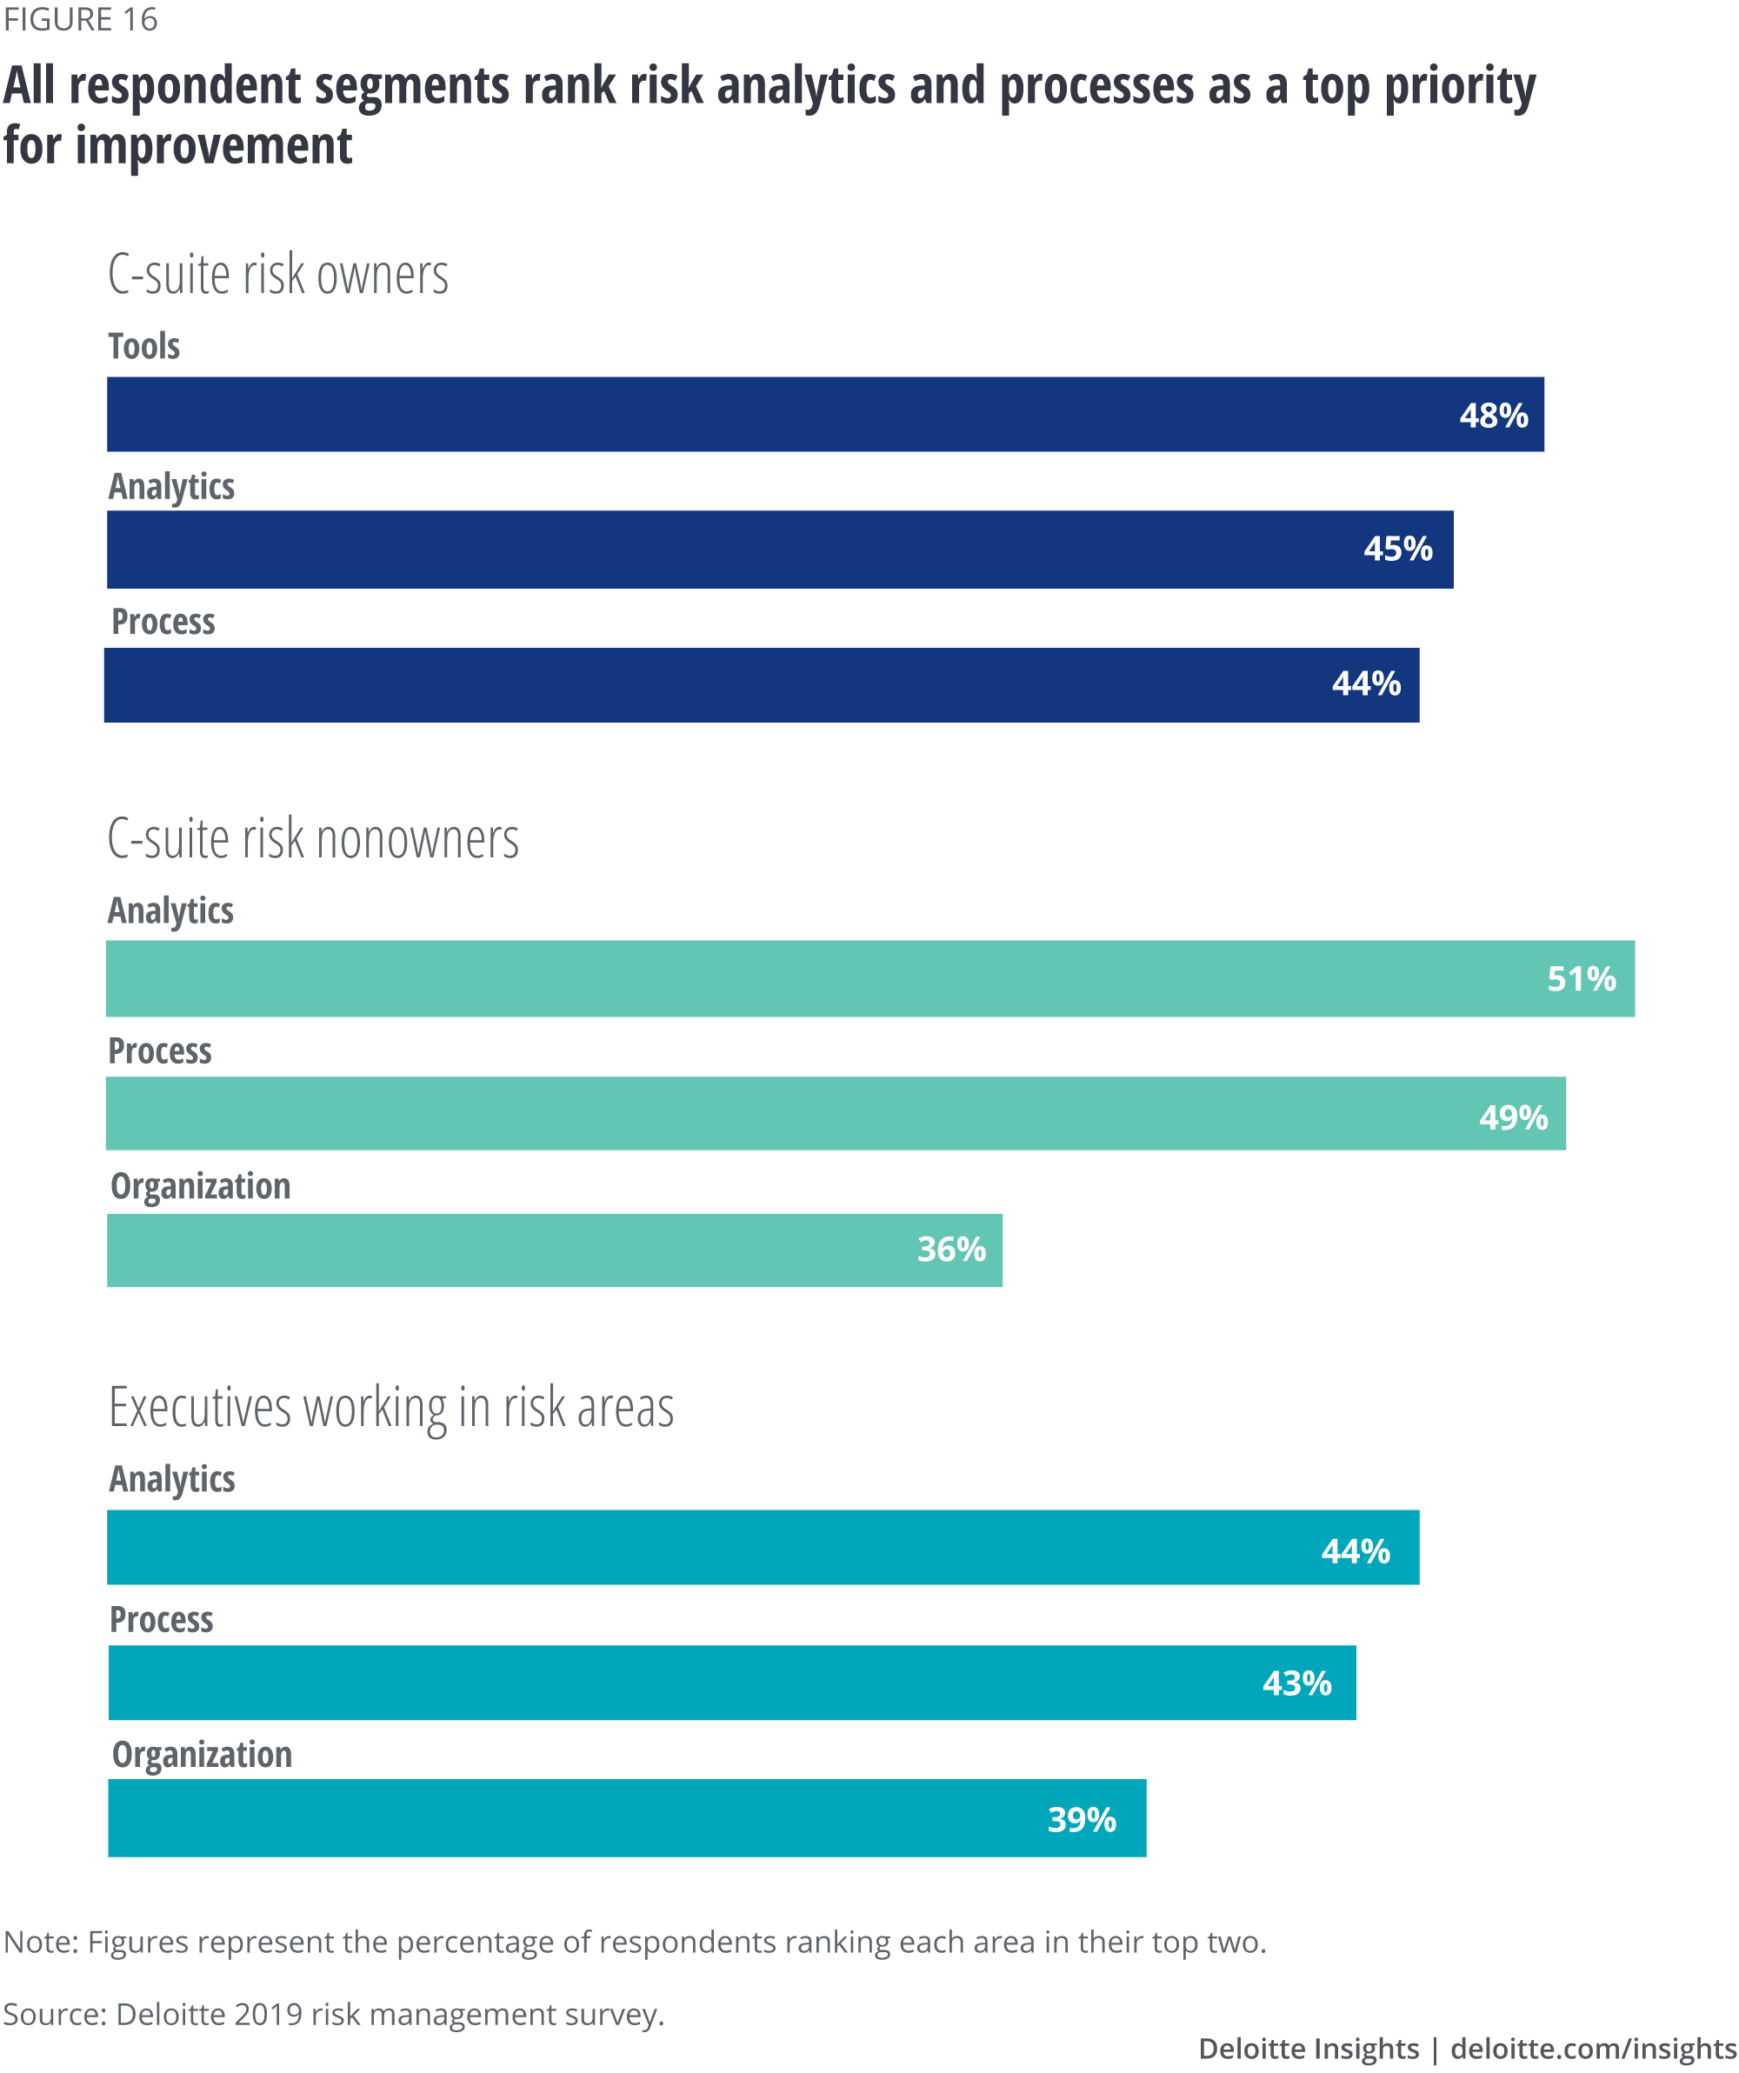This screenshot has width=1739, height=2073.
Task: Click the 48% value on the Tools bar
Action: [1493, 416]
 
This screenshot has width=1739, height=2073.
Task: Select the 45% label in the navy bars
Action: [1397, 549]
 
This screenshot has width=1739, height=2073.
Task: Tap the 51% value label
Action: [1581, 979]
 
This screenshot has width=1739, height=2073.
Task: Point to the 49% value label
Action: [1513, 1117]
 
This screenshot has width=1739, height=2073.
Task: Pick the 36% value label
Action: [951, 1250]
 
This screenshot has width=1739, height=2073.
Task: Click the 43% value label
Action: [1296, 1683]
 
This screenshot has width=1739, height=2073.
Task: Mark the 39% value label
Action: [1082, 1819]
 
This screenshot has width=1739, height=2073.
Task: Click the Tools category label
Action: [144, 346]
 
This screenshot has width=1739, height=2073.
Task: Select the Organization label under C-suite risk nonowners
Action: [200, 1185]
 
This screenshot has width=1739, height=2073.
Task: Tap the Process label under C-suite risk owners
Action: [163, 622]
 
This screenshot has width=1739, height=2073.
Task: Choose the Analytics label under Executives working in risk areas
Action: [172, 1479]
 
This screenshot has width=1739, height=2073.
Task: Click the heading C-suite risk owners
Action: [278, 275]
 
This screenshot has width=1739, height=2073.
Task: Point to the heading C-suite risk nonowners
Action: [313, 839]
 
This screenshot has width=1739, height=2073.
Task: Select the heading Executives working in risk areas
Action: [390, 1408]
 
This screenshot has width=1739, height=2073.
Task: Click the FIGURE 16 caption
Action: [81, 20]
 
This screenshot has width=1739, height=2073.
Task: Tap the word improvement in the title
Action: [213, 146]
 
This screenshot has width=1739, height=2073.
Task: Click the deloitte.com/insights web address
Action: [1593, 2049]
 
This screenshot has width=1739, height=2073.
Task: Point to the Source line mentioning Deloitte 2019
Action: [334, 2014]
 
